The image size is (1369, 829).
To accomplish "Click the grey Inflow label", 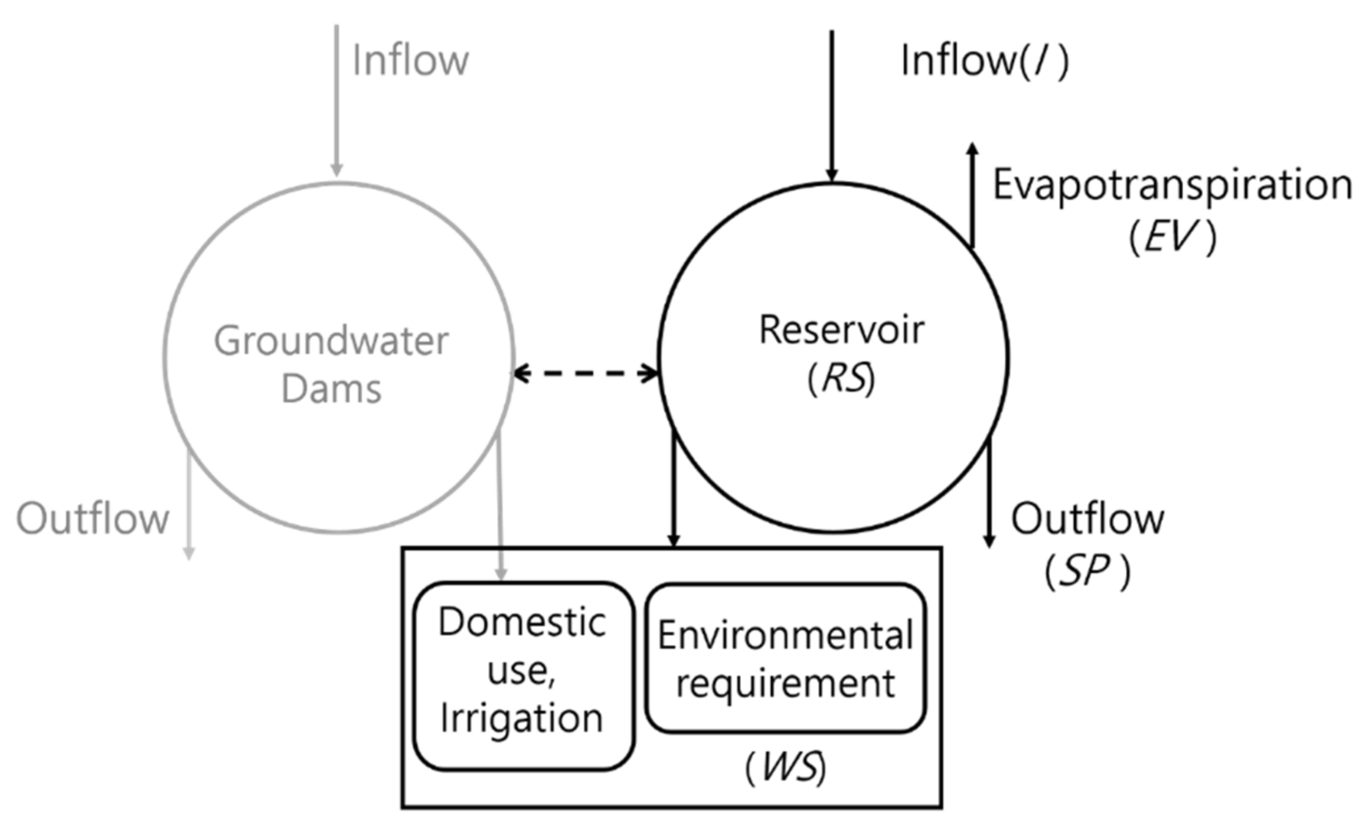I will pos(410,60).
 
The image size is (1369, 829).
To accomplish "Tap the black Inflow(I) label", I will pos(984,60).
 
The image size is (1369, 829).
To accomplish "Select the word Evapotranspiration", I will pos(1172,185).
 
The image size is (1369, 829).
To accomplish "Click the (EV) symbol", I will pos(1172,237).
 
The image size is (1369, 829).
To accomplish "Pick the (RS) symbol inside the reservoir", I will pos(841,378).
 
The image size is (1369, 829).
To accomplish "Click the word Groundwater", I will pos(331,341).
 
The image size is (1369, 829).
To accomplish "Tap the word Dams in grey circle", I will pos(331,389).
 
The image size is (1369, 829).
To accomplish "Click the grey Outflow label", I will pos(93,519).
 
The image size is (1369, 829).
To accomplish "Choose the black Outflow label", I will pos(1087,519).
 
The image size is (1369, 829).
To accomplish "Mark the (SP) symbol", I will pos(1087,571).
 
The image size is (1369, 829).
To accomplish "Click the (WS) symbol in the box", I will pos(785,768).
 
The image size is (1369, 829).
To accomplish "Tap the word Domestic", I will pos(522,622).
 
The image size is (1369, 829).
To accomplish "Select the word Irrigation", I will pos(522,719).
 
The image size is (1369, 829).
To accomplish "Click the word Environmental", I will pos(785,635).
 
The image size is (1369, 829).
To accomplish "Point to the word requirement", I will pos(785,684).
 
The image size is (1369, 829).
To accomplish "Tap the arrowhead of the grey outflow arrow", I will pos(188,554).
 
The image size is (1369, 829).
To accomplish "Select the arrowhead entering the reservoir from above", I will pos(832,175).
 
